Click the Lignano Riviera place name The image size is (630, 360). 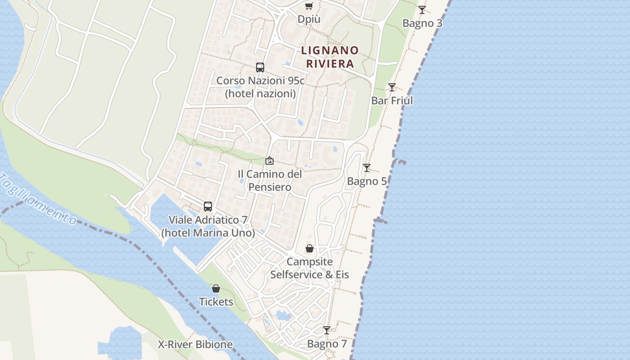pyautogui.click(x=330, y=57)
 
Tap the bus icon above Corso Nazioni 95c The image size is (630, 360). pyautogui.click(x=260, y=67)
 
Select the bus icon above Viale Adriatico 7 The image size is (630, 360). pyautogui.click(x=208, y=207)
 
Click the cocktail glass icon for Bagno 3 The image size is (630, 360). pyautogui.click(x=422, y=9)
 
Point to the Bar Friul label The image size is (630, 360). pyautogui.click(x=392, y=101)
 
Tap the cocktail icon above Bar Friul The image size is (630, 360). pyautogui.click(x=392, y=87)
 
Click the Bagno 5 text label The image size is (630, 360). pyautogui.click(x=367, y=181)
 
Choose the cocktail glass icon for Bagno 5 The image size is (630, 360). pyautogui.click(x=367, y=168)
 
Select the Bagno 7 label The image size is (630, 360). pyautogui.click(x=327, y=344)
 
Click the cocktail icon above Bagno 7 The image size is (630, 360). pyautogui.click(x=327, y=330)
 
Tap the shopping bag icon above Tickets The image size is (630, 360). pyautogui.click(x=216, y=288)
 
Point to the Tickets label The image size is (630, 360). pyautogui.click(x=216, y=302)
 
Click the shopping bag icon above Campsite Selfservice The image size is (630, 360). pyautogui.click(x=310, y=248)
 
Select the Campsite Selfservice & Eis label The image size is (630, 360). pyautogui.click(x=310, y=268)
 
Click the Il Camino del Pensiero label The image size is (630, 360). pyautogui.click(x=270, y=180)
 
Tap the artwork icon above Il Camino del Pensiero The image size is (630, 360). pyautogui.click(x=270, y=161)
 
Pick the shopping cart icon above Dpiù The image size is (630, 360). pyautogui.click(x=309, y=6)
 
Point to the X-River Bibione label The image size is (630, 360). pyautogui.click(x=195, y=345)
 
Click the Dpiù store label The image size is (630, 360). pyautogui.click(x=309, y=19)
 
